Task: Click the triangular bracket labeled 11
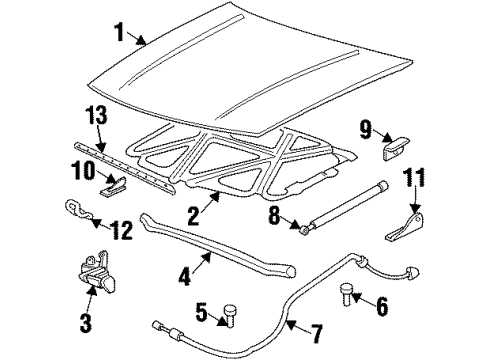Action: tap(405, 228)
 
